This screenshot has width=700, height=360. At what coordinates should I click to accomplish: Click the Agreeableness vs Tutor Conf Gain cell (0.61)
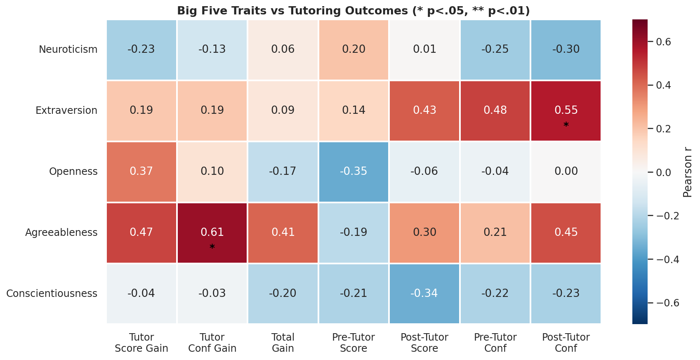(212, 233)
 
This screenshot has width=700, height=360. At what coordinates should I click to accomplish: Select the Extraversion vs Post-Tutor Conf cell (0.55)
(566, 111)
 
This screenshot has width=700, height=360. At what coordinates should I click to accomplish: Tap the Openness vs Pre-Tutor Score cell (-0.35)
(354, 172)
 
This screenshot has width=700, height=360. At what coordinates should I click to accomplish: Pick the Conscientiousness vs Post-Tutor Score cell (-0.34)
(424, 294)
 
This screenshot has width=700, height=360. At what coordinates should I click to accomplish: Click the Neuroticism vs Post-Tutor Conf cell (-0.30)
(566, 49)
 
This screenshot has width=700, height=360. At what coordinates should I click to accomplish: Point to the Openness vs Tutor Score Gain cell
(141, 172)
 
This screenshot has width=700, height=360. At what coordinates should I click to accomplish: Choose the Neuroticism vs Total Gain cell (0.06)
(283, 49)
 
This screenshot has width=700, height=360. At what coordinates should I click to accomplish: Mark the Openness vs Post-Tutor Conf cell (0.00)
(566, 172)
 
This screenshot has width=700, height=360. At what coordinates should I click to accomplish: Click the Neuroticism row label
(68, 49)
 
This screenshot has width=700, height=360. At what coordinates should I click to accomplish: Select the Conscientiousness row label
(52, 294)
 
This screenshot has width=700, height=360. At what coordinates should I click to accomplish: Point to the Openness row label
(73, 172)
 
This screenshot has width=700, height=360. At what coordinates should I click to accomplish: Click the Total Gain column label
(283, 343)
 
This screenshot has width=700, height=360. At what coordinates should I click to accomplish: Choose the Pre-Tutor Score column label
(354, 343)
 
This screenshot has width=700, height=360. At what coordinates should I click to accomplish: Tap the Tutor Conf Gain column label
(212, 343)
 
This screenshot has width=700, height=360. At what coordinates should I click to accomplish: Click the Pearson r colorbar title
(687, 172)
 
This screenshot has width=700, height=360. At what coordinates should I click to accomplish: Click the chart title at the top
(354, 11)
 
